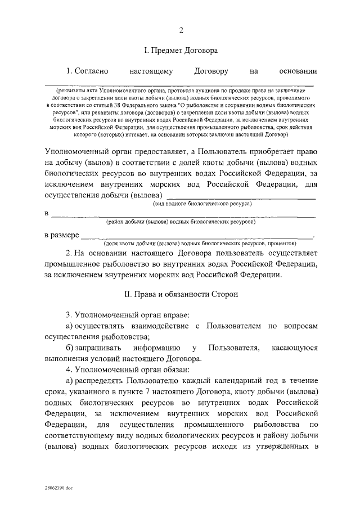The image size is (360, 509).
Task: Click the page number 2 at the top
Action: click(x=181, y=29)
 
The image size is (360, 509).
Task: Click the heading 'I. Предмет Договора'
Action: click(x=181, y=51)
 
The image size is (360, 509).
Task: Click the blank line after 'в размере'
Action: click(x=197, y=236)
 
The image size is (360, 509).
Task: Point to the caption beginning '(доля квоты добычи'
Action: click(x=200, y=244)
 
